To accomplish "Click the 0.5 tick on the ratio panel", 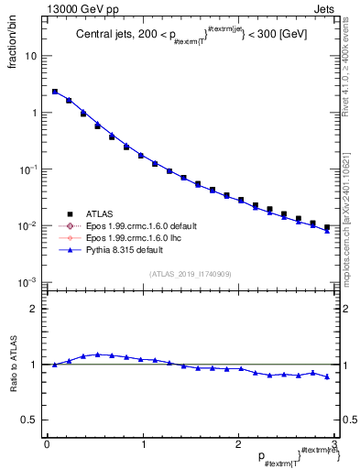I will tap(34, 420).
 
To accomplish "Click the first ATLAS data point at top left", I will tap(55, 92).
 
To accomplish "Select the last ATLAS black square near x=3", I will tap(327, 227).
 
